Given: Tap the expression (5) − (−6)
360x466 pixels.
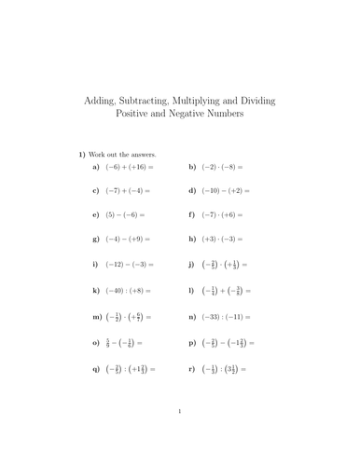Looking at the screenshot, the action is point(123,215).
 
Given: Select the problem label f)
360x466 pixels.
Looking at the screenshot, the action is point(191,215).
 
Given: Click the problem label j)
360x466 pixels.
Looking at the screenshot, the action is point(191,265).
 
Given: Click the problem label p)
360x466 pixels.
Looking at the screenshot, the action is point(191,343).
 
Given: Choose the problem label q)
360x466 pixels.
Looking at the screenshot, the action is point(96,369).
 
